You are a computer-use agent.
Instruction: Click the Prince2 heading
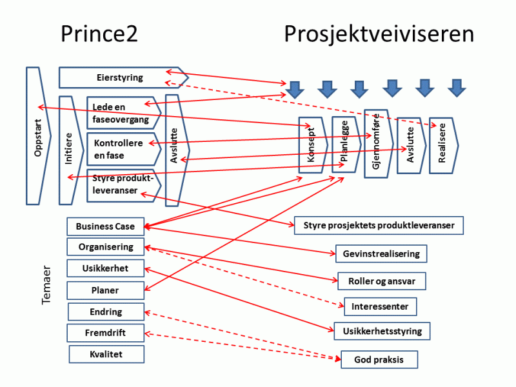point(99,34)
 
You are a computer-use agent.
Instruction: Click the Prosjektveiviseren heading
point(379,34)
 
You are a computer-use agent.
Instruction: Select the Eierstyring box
point(120,77)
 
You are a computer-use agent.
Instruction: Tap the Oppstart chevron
point(37,135)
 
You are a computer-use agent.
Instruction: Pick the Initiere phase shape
point(70,150)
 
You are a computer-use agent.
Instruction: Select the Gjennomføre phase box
point(377,143)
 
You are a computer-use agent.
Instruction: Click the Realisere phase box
point(443,146)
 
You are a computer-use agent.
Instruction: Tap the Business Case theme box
point(105,226)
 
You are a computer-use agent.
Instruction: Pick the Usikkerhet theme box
point(105,268)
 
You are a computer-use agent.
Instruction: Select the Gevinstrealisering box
point(381,253)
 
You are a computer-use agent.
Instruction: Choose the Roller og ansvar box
point(382,281)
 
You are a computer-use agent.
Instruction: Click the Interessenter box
point(380,306)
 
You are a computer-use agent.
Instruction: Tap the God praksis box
point(379,359)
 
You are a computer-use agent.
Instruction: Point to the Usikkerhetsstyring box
point(382,332)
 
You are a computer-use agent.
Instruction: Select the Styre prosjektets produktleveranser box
point(379,225)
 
